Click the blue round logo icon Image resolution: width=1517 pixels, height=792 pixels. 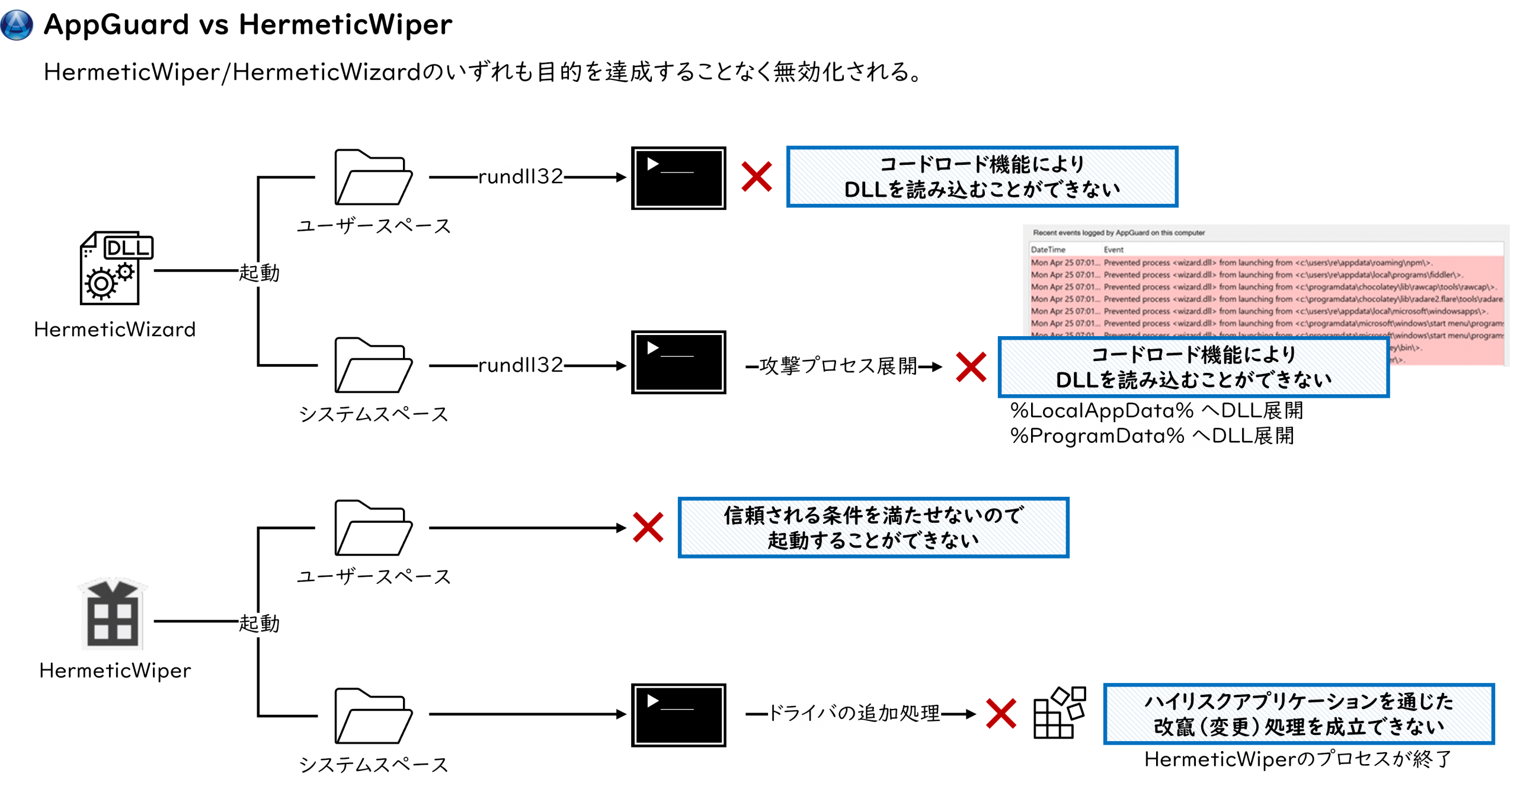click(17, 25)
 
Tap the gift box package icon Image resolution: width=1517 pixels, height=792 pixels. click(115, 614)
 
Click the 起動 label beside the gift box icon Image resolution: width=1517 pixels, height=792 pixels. click(260, 624)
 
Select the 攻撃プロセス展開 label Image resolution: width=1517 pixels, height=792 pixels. click(838, 366)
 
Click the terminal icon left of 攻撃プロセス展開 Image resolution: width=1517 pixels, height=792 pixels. click(679, 362)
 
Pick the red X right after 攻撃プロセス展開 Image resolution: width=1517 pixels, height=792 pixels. click(971, 367)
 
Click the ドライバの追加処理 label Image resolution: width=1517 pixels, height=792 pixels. click(854, 713)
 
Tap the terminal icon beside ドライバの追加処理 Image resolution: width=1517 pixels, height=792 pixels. click(679, 715)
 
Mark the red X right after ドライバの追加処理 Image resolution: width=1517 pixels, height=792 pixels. click(1001, 713)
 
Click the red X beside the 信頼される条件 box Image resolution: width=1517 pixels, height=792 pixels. click(648, 528)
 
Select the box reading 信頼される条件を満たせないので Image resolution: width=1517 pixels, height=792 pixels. click(873, 528)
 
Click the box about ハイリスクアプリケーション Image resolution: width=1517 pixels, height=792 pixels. click(1298, 714)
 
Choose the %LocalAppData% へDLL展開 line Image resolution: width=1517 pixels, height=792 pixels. click(1156, 410)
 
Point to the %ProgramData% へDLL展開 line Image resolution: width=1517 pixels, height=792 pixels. click(1151, 436)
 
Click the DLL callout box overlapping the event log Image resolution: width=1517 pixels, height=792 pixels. click(1193, 368)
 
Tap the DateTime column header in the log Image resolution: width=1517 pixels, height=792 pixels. click(1048, 250)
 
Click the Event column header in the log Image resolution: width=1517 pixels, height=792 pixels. click(1113, 250)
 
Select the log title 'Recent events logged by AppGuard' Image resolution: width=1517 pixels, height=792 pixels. click(1119, 233)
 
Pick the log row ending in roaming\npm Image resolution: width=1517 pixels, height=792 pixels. click(1267, 263)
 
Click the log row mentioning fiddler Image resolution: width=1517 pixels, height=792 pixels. click(1267, 275)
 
